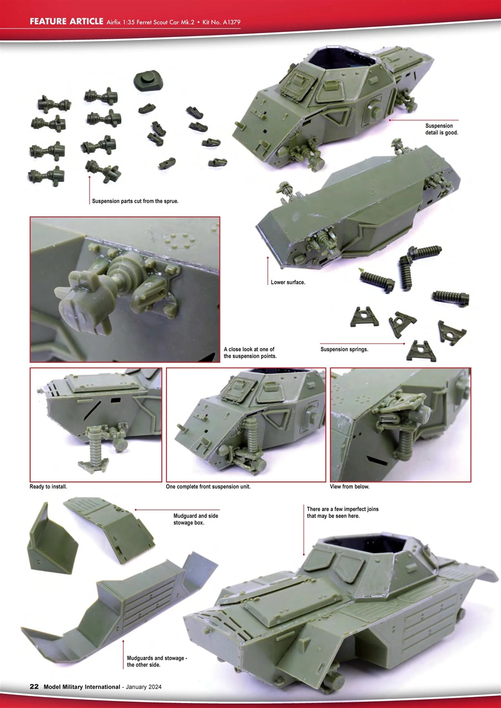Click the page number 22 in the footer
click(34, 686)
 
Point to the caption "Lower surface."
click(288, 282)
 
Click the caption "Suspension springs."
click(344, 350)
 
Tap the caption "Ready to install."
click(48, 487)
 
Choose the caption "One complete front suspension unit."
click(208, 487)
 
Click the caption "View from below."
click(350, 487)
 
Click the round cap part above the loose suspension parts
click(147, 81)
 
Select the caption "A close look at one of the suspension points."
click(250, 353)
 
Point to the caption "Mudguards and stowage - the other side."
click(157, 661)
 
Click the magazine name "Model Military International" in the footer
click(81, 686)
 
